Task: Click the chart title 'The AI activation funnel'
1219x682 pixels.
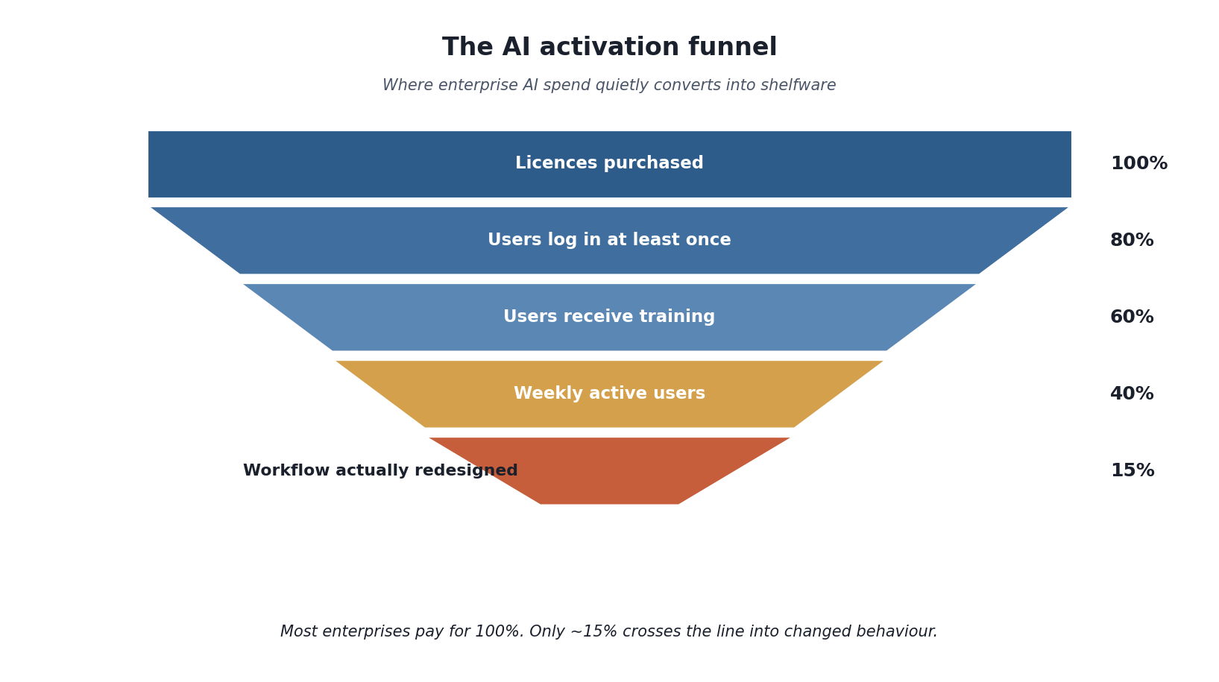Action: pyautogui.click(x=610, y=47)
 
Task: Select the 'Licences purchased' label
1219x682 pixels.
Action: pyautogui.click(x=610, y=163)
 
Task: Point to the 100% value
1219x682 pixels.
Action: pyautogui.click(x=1139, y=163)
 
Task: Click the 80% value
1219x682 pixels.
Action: pyautogui.click(x=1132, y=240)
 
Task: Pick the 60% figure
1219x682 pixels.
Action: pyautogui.click(x=1132, y=317)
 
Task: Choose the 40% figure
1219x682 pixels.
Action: pyautogui.click(x=1132, y=394)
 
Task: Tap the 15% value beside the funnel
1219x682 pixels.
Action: pyautogui.click(x=1133, y=470)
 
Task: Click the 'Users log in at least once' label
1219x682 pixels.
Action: pyautogui.click(x=610, y=240)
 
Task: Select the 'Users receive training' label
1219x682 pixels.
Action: pyautogui.click(x=610, y=317)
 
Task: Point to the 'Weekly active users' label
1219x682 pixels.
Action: pyautogui.click(x=610, y=394)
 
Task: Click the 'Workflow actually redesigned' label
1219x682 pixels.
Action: pyautogui.click(x=380, y=470)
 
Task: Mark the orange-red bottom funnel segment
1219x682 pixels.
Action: pyautogui.click(x=610, y=471)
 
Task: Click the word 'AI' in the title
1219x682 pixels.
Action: pyautogui.click(x=516, y=47)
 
